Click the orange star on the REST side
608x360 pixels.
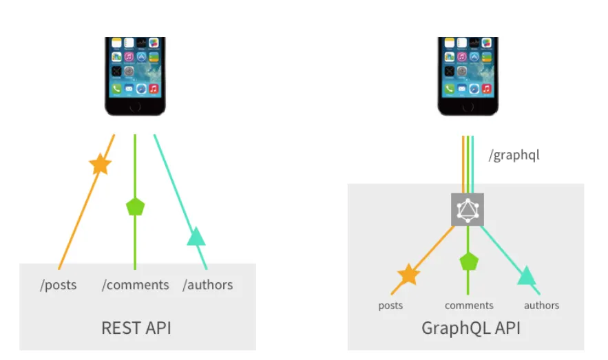[101, 164]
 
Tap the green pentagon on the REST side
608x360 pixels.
[136, 206]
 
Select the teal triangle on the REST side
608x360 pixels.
[196, 237]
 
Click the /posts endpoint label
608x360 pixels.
[59, 285]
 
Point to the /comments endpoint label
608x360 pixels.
[135, 285]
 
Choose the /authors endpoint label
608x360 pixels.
[207, 285]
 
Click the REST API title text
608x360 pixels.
[136, 328]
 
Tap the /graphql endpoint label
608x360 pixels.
[514, 155]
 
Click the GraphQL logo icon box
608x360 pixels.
[468, 209]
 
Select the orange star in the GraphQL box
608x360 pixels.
[408, 274]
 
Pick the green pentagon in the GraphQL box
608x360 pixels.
[469, 261]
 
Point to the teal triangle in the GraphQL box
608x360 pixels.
[527, 276]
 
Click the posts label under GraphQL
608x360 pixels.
[390, 306]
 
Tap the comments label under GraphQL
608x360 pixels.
[469, 306]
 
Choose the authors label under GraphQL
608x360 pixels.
[541, 306]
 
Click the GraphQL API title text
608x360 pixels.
[471, 328]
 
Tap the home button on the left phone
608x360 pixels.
[135, 106]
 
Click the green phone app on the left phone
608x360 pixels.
[116, 89]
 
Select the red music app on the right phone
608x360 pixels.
[486, 89]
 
